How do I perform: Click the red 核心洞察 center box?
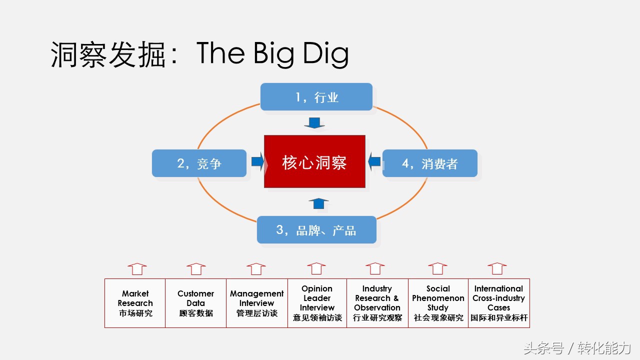click(x=314, y=161)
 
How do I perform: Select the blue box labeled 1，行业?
click(x=316, y=96)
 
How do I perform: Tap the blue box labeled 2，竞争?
click(x=199, y=163)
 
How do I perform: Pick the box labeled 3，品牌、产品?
click(x=316, y=230)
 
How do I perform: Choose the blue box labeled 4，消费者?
click(x=429, y=163)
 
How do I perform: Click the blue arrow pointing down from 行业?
click(x=314, y=123)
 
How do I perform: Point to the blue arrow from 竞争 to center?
click(x=257, y=161)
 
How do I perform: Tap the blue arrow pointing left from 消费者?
click(x=374, y=161)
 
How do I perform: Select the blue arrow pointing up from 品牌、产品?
click(x=318, y=203)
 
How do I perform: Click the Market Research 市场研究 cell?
click(x=135, y=303)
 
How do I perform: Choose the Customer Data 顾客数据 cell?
click(x=195, y=303)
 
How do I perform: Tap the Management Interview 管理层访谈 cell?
click(x=256, y=303)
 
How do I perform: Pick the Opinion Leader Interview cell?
click(x=317, y=303)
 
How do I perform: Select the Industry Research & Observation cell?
click(x=377, y=303)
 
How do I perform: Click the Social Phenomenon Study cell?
click(x=438, y=303)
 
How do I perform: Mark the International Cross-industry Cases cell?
click(x=498, y=303)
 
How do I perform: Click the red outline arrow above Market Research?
click(x=137, y=269)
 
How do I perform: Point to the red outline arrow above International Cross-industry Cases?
click(x=497, y=268)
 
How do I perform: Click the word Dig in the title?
click(x=325, y=54)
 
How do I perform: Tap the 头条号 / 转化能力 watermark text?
click(x=577, y=348)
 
